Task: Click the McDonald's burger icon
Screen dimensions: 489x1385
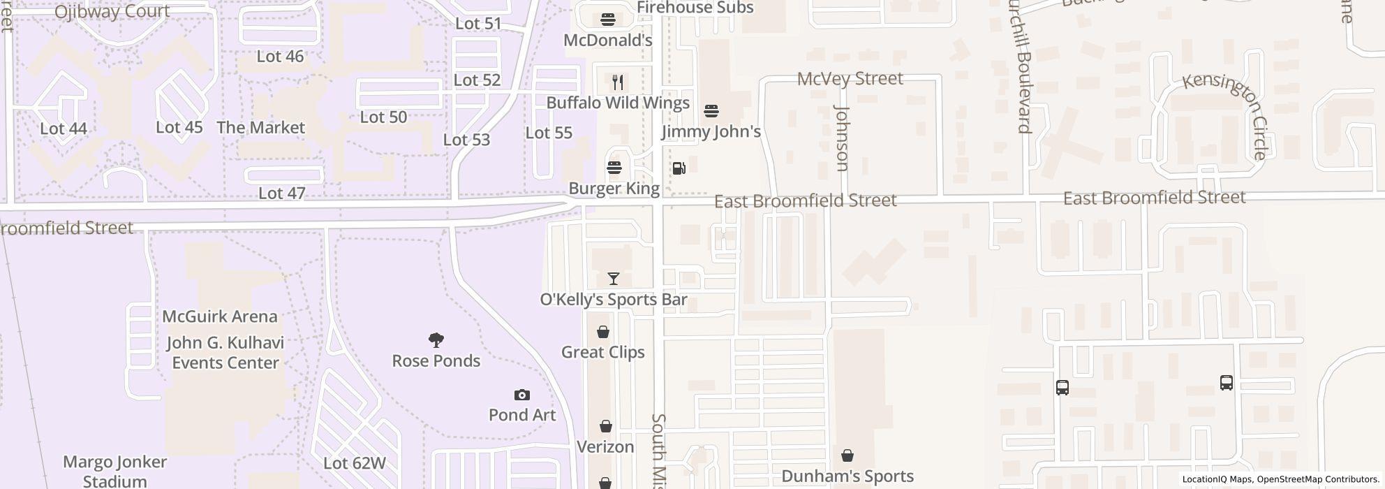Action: click(608, 20)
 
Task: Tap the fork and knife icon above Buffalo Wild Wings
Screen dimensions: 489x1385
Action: click(618, 82)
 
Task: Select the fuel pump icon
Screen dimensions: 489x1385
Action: click(679, 168)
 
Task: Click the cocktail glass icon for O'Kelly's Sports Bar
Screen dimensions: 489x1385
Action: click(614, 279)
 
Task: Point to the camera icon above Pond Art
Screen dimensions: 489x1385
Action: click(521, 395)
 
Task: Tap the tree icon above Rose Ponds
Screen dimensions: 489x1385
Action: click(436, 340)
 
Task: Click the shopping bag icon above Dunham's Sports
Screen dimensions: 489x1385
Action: click(847, 456)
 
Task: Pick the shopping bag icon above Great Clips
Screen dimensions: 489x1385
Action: click(603, 332)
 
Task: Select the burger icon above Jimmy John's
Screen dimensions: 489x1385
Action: click(711, 111)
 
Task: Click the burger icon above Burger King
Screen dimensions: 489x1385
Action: click(614, 168)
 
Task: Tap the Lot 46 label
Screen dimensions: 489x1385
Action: click(280, 57)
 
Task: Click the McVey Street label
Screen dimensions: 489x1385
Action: click(850, 78)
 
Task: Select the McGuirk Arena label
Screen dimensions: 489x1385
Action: click(220, 316)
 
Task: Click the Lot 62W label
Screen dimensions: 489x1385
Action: click(355, 463)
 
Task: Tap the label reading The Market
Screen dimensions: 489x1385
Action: click(260, 128)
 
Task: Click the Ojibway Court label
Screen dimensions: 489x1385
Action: click(112, 11)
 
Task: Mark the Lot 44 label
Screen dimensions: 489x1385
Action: click(64, 129)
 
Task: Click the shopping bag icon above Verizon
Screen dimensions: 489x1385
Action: click(606, 426)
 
